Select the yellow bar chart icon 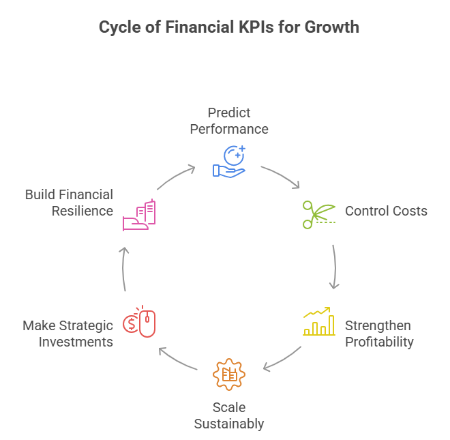pos(319,323)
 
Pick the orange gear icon pos(229,375)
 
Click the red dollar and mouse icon pos(139,321)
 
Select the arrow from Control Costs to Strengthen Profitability pos(334,266)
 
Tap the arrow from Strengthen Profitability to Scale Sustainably pos(282,360)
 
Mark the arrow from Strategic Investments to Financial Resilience pos(123,269)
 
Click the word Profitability pos(379,342)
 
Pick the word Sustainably pos(229,424)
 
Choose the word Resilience pos(82,211)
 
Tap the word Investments pos(76,342)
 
